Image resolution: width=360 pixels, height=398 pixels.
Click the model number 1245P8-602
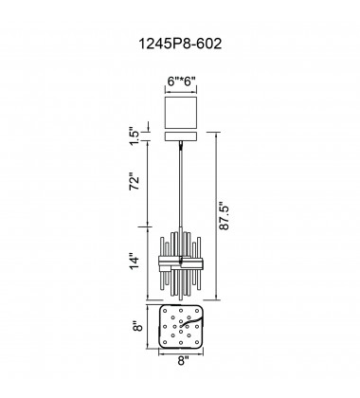[180, 44]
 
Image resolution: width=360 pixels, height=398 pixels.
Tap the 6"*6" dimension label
[182, 81]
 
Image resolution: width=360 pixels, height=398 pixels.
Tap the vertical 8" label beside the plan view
[137, 327]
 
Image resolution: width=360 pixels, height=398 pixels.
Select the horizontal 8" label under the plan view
[183, 360]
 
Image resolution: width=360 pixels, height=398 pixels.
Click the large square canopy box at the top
[181, 113]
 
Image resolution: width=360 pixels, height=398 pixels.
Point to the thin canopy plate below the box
[181, 136]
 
